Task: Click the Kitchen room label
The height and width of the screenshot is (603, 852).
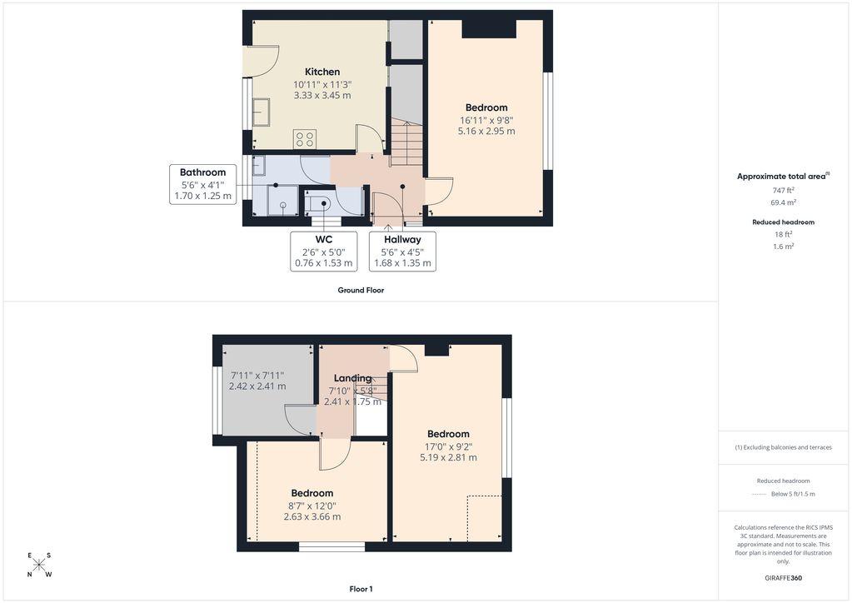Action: click(x=322, y=72)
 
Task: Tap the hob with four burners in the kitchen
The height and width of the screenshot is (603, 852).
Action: click(x=305, y=138)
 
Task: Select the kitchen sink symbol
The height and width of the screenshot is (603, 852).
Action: click(x=262, y=112)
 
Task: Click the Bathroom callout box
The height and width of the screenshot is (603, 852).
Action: click(x=202, y=184)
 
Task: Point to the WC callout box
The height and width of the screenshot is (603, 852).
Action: click(x=324, y=251)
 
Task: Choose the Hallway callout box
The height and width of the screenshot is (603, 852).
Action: click(x=402, y=251)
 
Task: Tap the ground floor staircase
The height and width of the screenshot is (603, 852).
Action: click(x=407, y=143)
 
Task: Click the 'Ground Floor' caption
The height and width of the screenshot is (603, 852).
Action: click(x=361, y=290)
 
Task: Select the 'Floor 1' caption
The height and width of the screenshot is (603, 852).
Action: click(x=361, y=589)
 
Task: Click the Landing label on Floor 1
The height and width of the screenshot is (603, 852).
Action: click(x=352, y=378)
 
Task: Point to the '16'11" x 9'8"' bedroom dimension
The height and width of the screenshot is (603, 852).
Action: click(x=486, y=120)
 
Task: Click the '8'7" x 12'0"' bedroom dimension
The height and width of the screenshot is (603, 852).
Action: click(x=311, y=506)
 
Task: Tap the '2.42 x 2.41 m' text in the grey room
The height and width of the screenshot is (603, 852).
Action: click(x=257, y=386)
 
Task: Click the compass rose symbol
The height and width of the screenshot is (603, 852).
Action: click(x=40, y=565)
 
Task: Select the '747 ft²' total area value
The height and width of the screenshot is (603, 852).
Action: click(x=783, y=190)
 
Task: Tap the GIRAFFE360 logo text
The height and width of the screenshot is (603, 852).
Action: click(x=783, y=578)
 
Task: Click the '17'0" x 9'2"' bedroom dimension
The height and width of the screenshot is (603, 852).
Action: click(x=448, y=446)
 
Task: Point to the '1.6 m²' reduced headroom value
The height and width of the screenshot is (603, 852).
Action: click(x=783, y=246)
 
